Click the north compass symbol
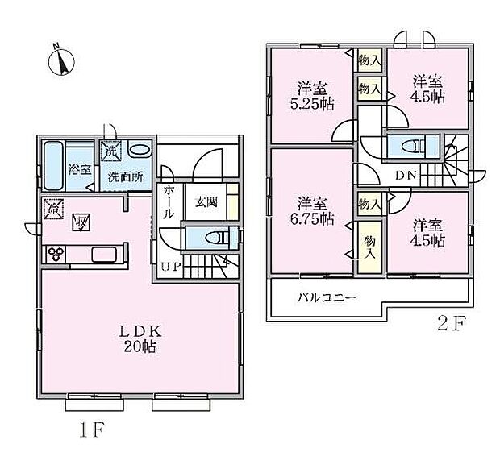[61, 60]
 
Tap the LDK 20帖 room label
[140, 339]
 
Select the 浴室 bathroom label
[80, 169]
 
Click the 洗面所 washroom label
[125, 176]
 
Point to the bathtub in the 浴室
[52, 166]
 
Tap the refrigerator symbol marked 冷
[53, 209]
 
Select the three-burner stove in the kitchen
[56, 254]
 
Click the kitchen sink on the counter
[104, 255]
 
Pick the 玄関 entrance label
[206, 202]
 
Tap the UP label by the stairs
[171, 266]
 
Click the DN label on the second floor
[406, 175]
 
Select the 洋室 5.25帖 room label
[312, 96]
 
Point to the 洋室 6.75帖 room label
[312, 211]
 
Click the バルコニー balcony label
[327, 298]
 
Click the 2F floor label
[452, 324]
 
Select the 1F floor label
[92, 430]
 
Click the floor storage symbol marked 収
[81, 222]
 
